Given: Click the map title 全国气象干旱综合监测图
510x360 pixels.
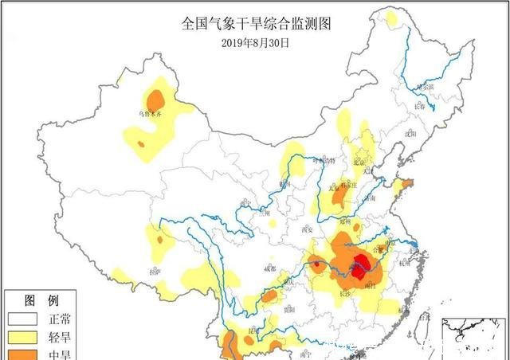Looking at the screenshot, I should [256, 24].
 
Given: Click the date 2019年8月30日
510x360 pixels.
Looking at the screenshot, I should [255, 42].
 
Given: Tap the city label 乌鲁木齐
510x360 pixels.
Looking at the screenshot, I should [151, 115].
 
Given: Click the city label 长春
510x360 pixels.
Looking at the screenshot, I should [420, 104].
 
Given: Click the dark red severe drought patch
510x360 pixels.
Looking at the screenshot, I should [360, 267].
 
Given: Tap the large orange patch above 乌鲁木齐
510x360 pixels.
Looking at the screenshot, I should [156, 100].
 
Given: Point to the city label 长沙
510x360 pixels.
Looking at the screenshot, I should [343, 293].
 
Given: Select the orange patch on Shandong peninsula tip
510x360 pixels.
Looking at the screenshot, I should [406, 185].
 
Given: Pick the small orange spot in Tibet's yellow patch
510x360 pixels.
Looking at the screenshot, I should [159, 239].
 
